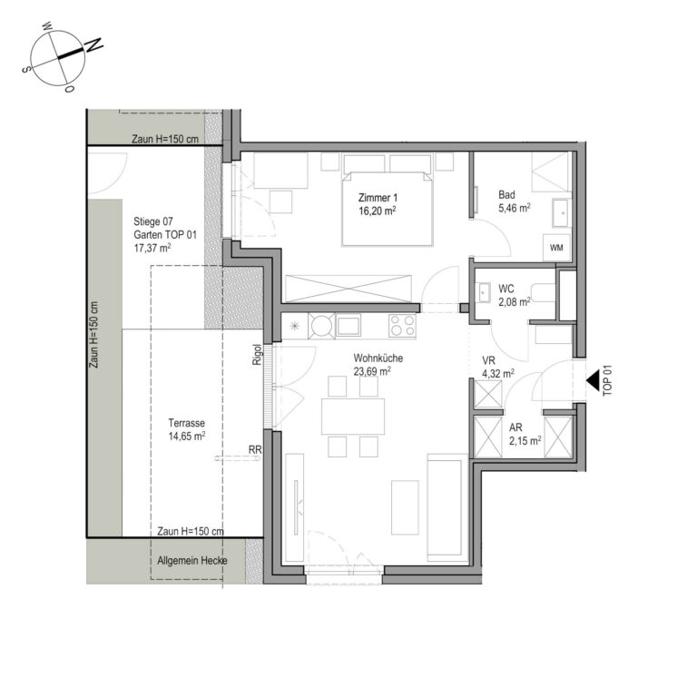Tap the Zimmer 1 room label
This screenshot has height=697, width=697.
(378, 198)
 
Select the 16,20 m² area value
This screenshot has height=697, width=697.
(378, 211)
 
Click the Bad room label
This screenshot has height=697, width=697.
(506, 195)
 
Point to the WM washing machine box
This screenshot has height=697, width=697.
(556, 248)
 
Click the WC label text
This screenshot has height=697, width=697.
(506, 288)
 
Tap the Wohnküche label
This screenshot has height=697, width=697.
(378, 358)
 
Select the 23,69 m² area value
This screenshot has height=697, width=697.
(372, 370)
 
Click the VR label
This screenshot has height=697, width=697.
(488, 360)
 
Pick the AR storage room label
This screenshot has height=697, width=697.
(515, 427)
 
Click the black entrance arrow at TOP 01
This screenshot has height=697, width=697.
(593, 381)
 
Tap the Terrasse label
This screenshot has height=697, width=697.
(187, 423)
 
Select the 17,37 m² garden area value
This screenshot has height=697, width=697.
(152, 248)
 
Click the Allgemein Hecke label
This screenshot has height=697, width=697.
(192, 561)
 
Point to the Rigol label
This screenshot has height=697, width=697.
(257, 355)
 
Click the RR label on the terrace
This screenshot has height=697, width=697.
(255, 450)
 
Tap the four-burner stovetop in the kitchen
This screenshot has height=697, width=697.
(402, 326)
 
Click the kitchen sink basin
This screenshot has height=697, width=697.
(348, 326)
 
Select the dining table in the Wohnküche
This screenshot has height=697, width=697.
(353, 416)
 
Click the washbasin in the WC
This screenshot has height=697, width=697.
(484, 292)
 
